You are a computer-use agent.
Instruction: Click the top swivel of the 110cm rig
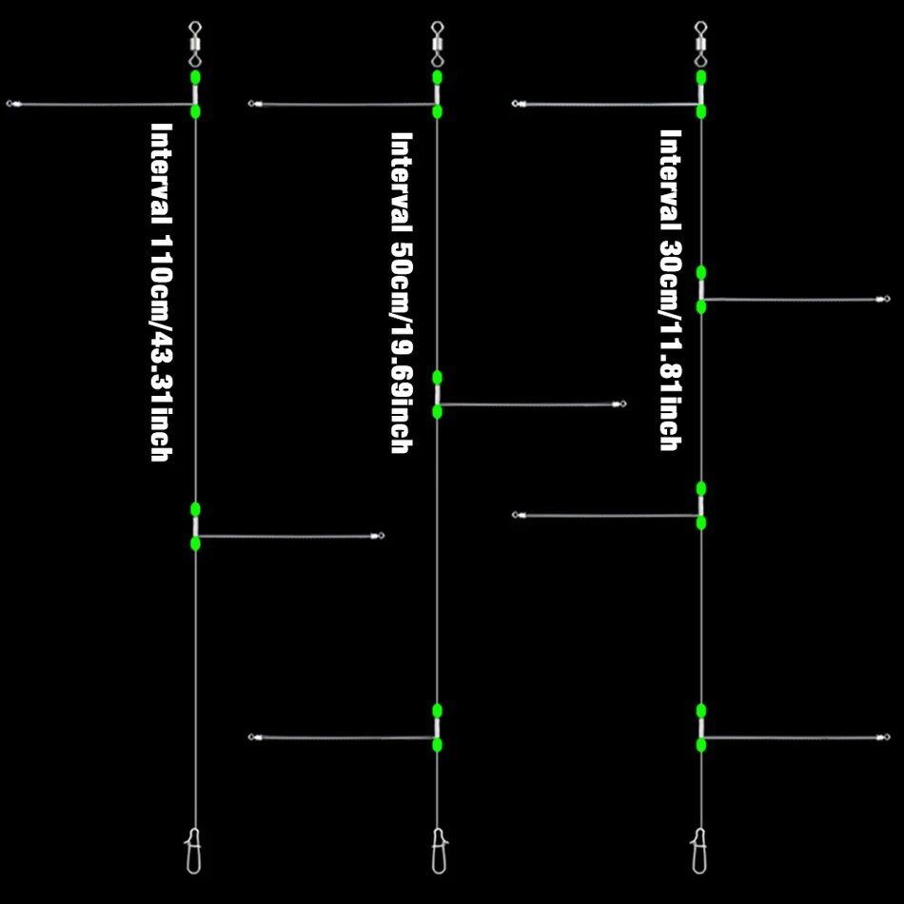(x=195, y=41)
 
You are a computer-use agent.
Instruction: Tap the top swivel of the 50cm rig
(x=437, y=41)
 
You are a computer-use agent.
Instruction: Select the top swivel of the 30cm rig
(x=701, y=41)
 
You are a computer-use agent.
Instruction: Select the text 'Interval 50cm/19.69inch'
(x=402, y=292)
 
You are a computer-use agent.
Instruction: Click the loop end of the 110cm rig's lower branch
(x=381, y=537)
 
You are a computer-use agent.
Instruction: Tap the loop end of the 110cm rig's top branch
(x=10, y=103)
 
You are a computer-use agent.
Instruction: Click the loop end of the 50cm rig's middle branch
(x=622, y=404)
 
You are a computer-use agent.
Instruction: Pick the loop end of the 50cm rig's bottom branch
(x=252, y=737)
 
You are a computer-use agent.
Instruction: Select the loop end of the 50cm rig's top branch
(x=252, y=103)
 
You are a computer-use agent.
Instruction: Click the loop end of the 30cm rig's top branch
(x=516, y=103)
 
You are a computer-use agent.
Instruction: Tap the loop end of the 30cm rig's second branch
(x=886, y=299)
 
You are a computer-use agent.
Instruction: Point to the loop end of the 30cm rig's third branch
(x=516, y=515)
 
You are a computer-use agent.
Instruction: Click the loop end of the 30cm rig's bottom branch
(x=886, y=737)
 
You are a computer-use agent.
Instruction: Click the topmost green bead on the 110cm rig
(x=195, y=77)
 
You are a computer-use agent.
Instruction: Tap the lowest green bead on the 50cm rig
(x=437, y=745)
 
